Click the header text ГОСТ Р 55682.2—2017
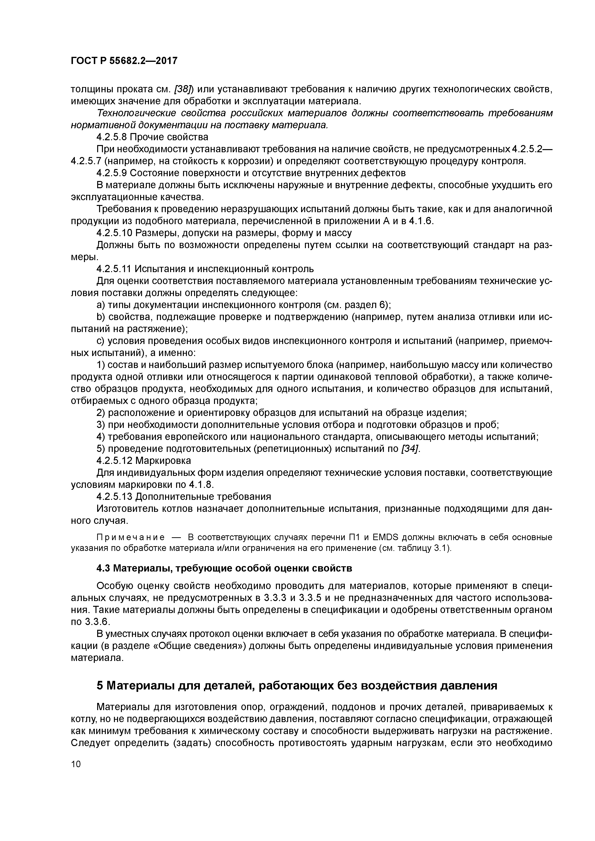pyautogui.click(x=124, y=60)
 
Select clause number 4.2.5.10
pyautogui.click(x=114, y=233)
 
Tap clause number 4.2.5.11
pyautogui.click(x=114, y=269)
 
